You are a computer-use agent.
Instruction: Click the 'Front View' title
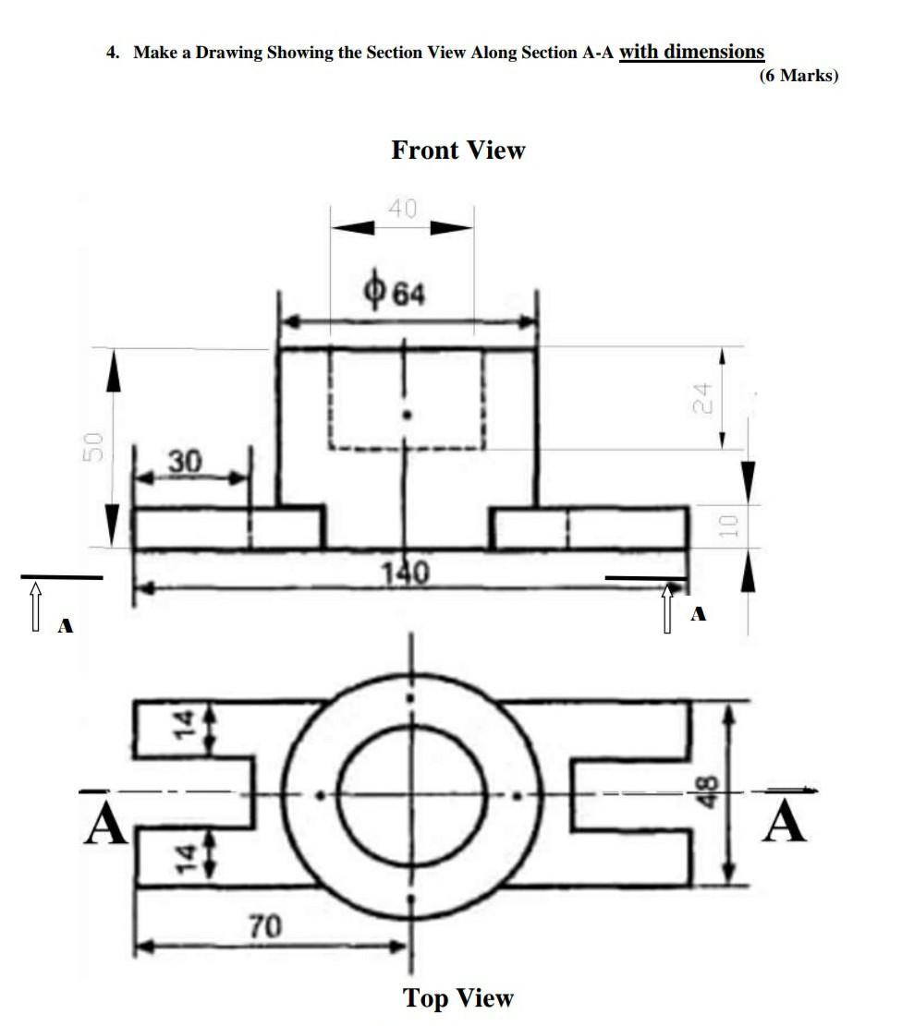pos(457,150)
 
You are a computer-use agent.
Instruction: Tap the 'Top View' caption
pos(457,997)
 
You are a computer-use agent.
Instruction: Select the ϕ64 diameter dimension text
pos(395,295)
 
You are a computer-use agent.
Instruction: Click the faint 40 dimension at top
pos(403,209)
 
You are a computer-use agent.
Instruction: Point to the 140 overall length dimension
pos(405,574)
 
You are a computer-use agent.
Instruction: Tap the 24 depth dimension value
pos(704,397)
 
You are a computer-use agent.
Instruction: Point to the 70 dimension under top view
pos(264,925)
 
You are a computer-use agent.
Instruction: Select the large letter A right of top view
pos(786,822)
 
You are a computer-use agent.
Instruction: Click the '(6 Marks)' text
pos(798,76)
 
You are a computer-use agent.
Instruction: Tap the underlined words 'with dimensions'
pos(691,52)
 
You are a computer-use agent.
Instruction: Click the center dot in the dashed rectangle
pos(406,416)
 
